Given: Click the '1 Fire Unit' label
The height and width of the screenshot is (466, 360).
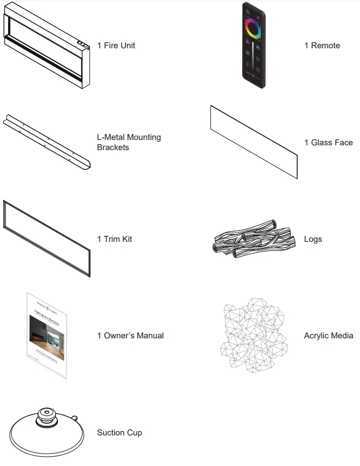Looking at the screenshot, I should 116,46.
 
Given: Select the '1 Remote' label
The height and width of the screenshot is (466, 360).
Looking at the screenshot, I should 322,46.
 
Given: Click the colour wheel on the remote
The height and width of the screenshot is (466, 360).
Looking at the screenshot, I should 253,28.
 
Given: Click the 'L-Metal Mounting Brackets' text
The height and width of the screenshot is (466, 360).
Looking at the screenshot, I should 129,142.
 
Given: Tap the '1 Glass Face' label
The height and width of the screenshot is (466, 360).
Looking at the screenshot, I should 328,143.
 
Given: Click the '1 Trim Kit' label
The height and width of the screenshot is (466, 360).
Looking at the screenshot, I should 115,239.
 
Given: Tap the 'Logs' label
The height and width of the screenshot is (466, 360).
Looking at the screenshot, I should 313,239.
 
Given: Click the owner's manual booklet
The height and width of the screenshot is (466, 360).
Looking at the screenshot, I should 47,335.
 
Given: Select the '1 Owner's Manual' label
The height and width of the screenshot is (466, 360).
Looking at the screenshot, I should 130,336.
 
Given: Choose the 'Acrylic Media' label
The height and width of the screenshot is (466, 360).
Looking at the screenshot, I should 328,336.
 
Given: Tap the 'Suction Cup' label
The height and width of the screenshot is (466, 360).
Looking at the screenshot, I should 119,433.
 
